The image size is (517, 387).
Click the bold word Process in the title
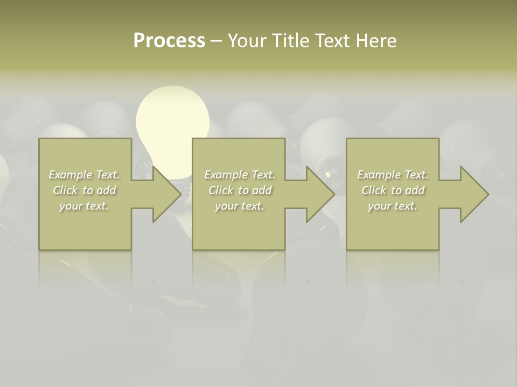[x=169, y=41]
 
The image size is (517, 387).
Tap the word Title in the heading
[x=290, y=41]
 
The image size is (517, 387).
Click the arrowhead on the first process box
[x=164, y=195]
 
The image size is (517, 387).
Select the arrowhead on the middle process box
[x=318, y=195]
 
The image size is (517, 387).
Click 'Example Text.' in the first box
[x=85, y=175]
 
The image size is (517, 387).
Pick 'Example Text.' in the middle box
[x=240, y=175]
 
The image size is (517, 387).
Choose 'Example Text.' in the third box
[x=393, y=175]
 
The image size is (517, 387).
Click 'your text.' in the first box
[x=85, y=206]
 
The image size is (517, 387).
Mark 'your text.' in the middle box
[x=240, y=206]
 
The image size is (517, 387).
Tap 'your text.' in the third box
[x=393, y=206]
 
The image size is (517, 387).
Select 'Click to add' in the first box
[x=85, y=190]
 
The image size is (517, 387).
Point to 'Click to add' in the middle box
[x=240, y=190]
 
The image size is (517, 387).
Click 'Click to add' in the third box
[x=393, y=190]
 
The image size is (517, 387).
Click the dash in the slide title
[x=216, y=41]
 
